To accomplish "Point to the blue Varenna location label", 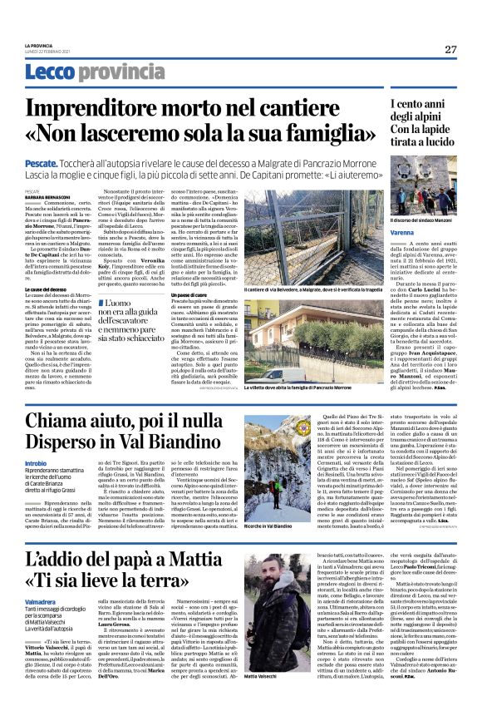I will click(x=402, y=234).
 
